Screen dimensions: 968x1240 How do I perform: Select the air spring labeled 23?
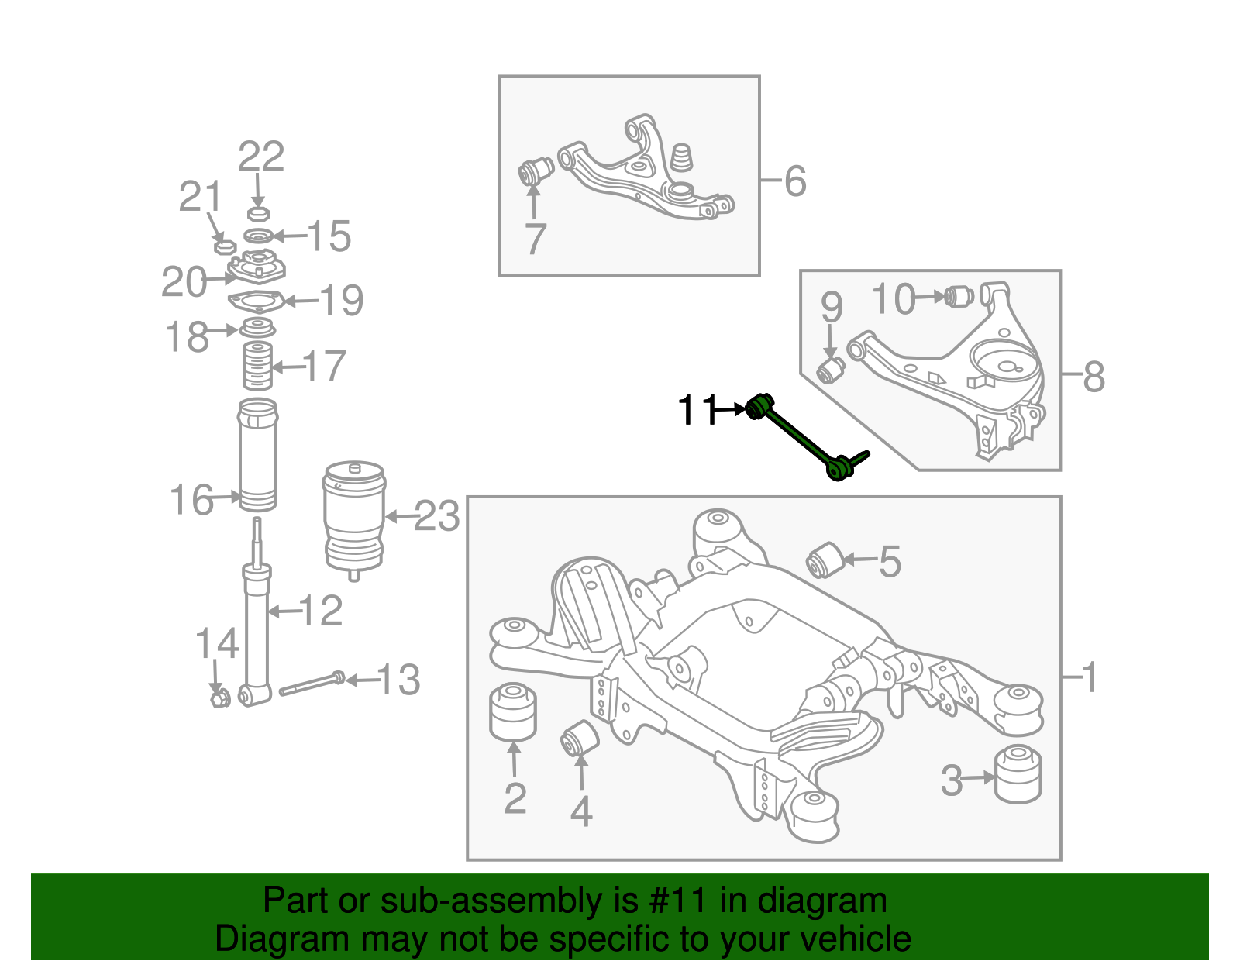point(353,518)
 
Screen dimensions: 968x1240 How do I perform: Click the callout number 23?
point(437,516)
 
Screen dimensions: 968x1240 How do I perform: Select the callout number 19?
point(341,301)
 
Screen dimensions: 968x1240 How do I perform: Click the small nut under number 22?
point(257,213)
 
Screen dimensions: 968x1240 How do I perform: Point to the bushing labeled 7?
point(534,171)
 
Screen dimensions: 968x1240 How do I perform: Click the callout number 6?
point(795,181)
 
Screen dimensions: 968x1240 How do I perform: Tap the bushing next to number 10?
point(960,296)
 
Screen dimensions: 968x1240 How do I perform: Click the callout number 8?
point(1093,377)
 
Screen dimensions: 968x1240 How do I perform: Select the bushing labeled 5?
point(825,560)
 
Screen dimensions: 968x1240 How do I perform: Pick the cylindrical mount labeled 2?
point(513,711)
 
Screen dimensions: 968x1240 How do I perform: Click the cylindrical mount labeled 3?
point(1018,773)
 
